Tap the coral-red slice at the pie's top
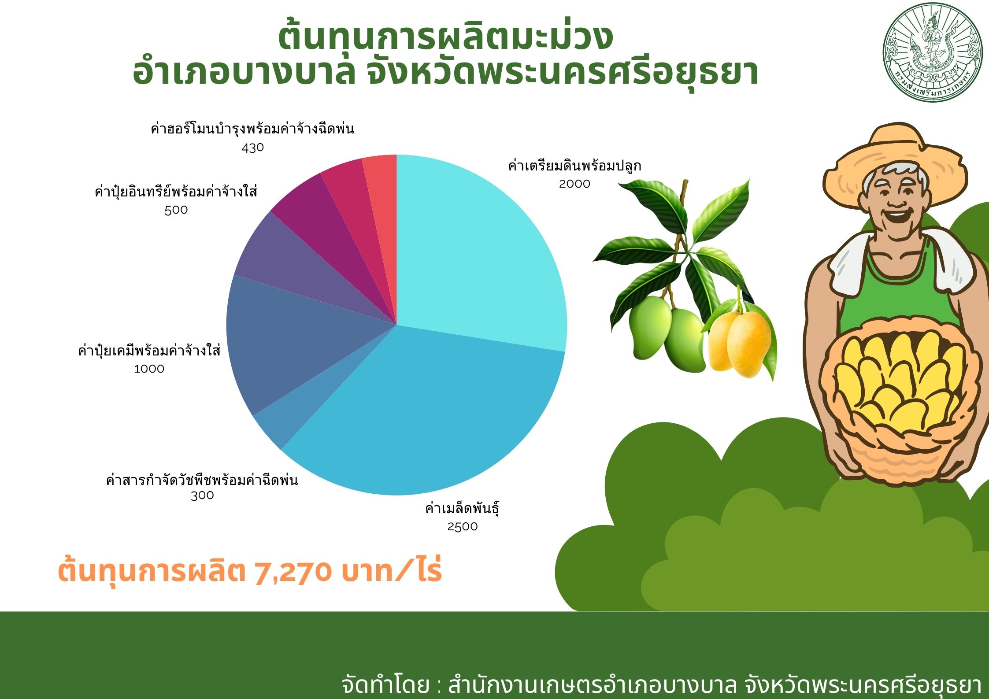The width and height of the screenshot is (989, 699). point(381,185)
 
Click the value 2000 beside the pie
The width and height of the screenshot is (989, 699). point(574,184)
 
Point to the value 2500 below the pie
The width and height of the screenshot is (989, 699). point(463,526)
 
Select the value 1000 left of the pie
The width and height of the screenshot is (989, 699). point(149,369)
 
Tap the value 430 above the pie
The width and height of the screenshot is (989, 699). point(253,148)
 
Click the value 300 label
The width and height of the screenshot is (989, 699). point(202,496)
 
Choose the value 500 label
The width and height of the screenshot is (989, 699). point(176,210)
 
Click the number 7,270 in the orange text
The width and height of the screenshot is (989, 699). point(293,572)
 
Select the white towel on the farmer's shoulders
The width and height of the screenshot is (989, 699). point(899,264)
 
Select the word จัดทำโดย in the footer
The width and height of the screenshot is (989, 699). point(385,684)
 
